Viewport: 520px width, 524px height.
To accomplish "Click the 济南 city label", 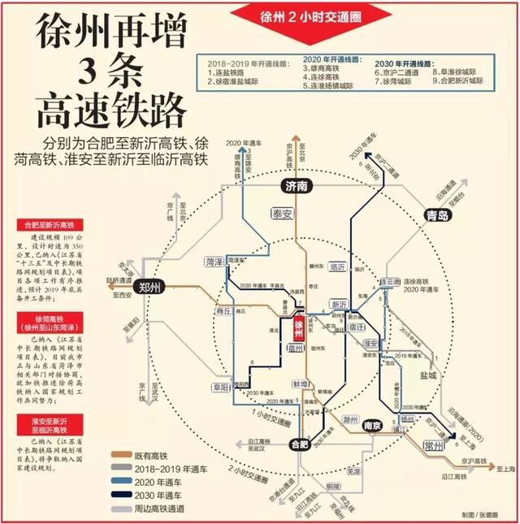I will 297,187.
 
